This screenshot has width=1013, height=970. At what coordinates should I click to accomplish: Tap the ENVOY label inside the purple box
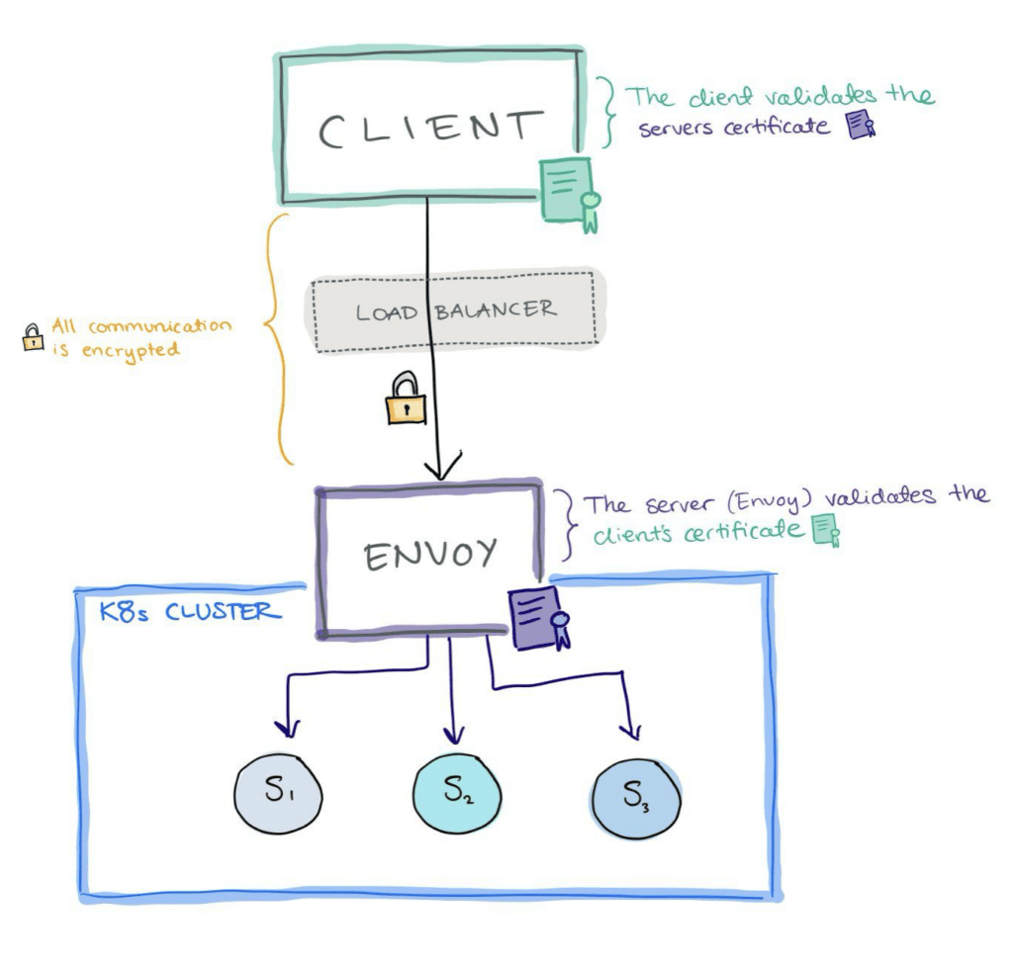point(429,555)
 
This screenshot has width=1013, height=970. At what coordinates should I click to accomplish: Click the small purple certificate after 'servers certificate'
point(862,125)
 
